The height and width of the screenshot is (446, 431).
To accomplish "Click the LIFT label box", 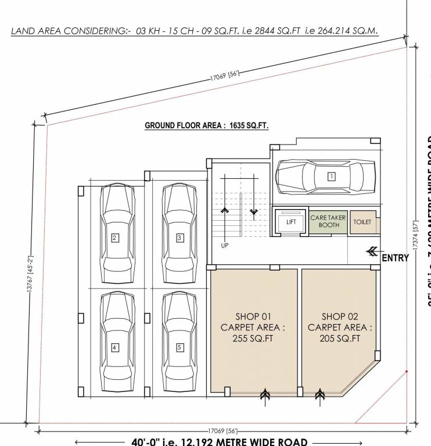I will pos(291,222).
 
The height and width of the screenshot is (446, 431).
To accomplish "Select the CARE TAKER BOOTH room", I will pos(328,221).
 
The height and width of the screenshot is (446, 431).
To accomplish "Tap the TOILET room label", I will pos(362,222).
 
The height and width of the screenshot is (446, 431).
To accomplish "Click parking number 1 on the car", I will pos(331,176).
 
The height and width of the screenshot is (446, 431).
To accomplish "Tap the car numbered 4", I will pos(115,344).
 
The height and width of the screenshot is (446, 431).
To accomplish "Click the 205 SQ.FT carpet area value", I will pos(340,339).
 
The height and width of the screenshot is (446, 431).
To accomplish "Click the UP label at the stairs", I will pos(225,246).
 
